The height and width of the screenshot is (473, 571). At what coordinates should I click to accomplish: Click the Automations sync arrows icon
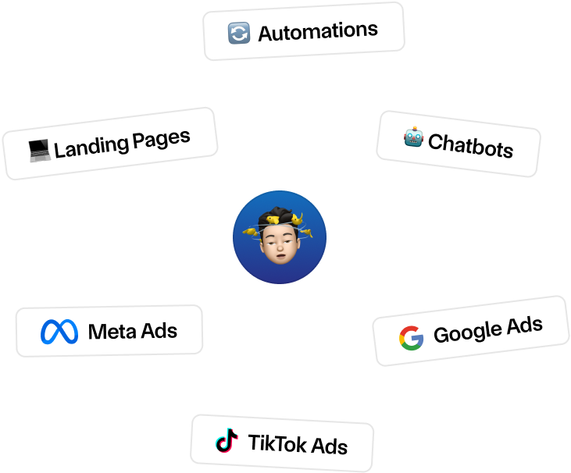[238, 34]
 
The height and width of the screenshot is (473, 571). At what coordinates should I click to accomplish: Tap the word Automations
[317, 31]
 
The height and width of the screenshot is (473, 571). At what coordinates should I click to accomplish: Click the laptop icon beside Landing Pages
[39, 150]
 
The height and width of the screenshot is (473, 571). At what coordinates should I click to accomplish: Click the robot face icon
[413, 139]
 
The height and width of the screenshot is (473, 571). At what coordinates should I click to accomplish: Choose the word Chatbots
[470, 145]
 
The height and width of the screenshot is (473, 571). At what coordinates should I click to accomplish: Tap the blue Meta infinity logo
[60, 332]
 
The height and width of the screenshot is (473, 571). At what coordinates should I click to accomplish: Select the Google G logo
[411, 337]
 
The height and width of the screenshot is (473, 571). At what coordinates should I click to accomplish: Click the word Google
[465, 333]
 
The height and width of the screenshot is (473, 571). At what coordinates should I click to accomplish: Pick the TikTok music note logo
[227, 441]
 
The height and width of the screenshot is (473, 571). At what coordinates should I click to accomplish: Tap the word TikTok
[277, 443]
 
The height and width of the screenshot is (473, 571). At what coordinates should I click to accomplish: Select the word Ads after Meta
[159, 330]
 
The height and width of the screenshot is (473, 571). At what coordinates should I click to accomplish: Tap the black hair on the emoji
[280, 215]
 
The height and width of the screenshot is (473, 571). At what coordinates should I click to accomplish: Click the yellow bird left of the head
[252, 231]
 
